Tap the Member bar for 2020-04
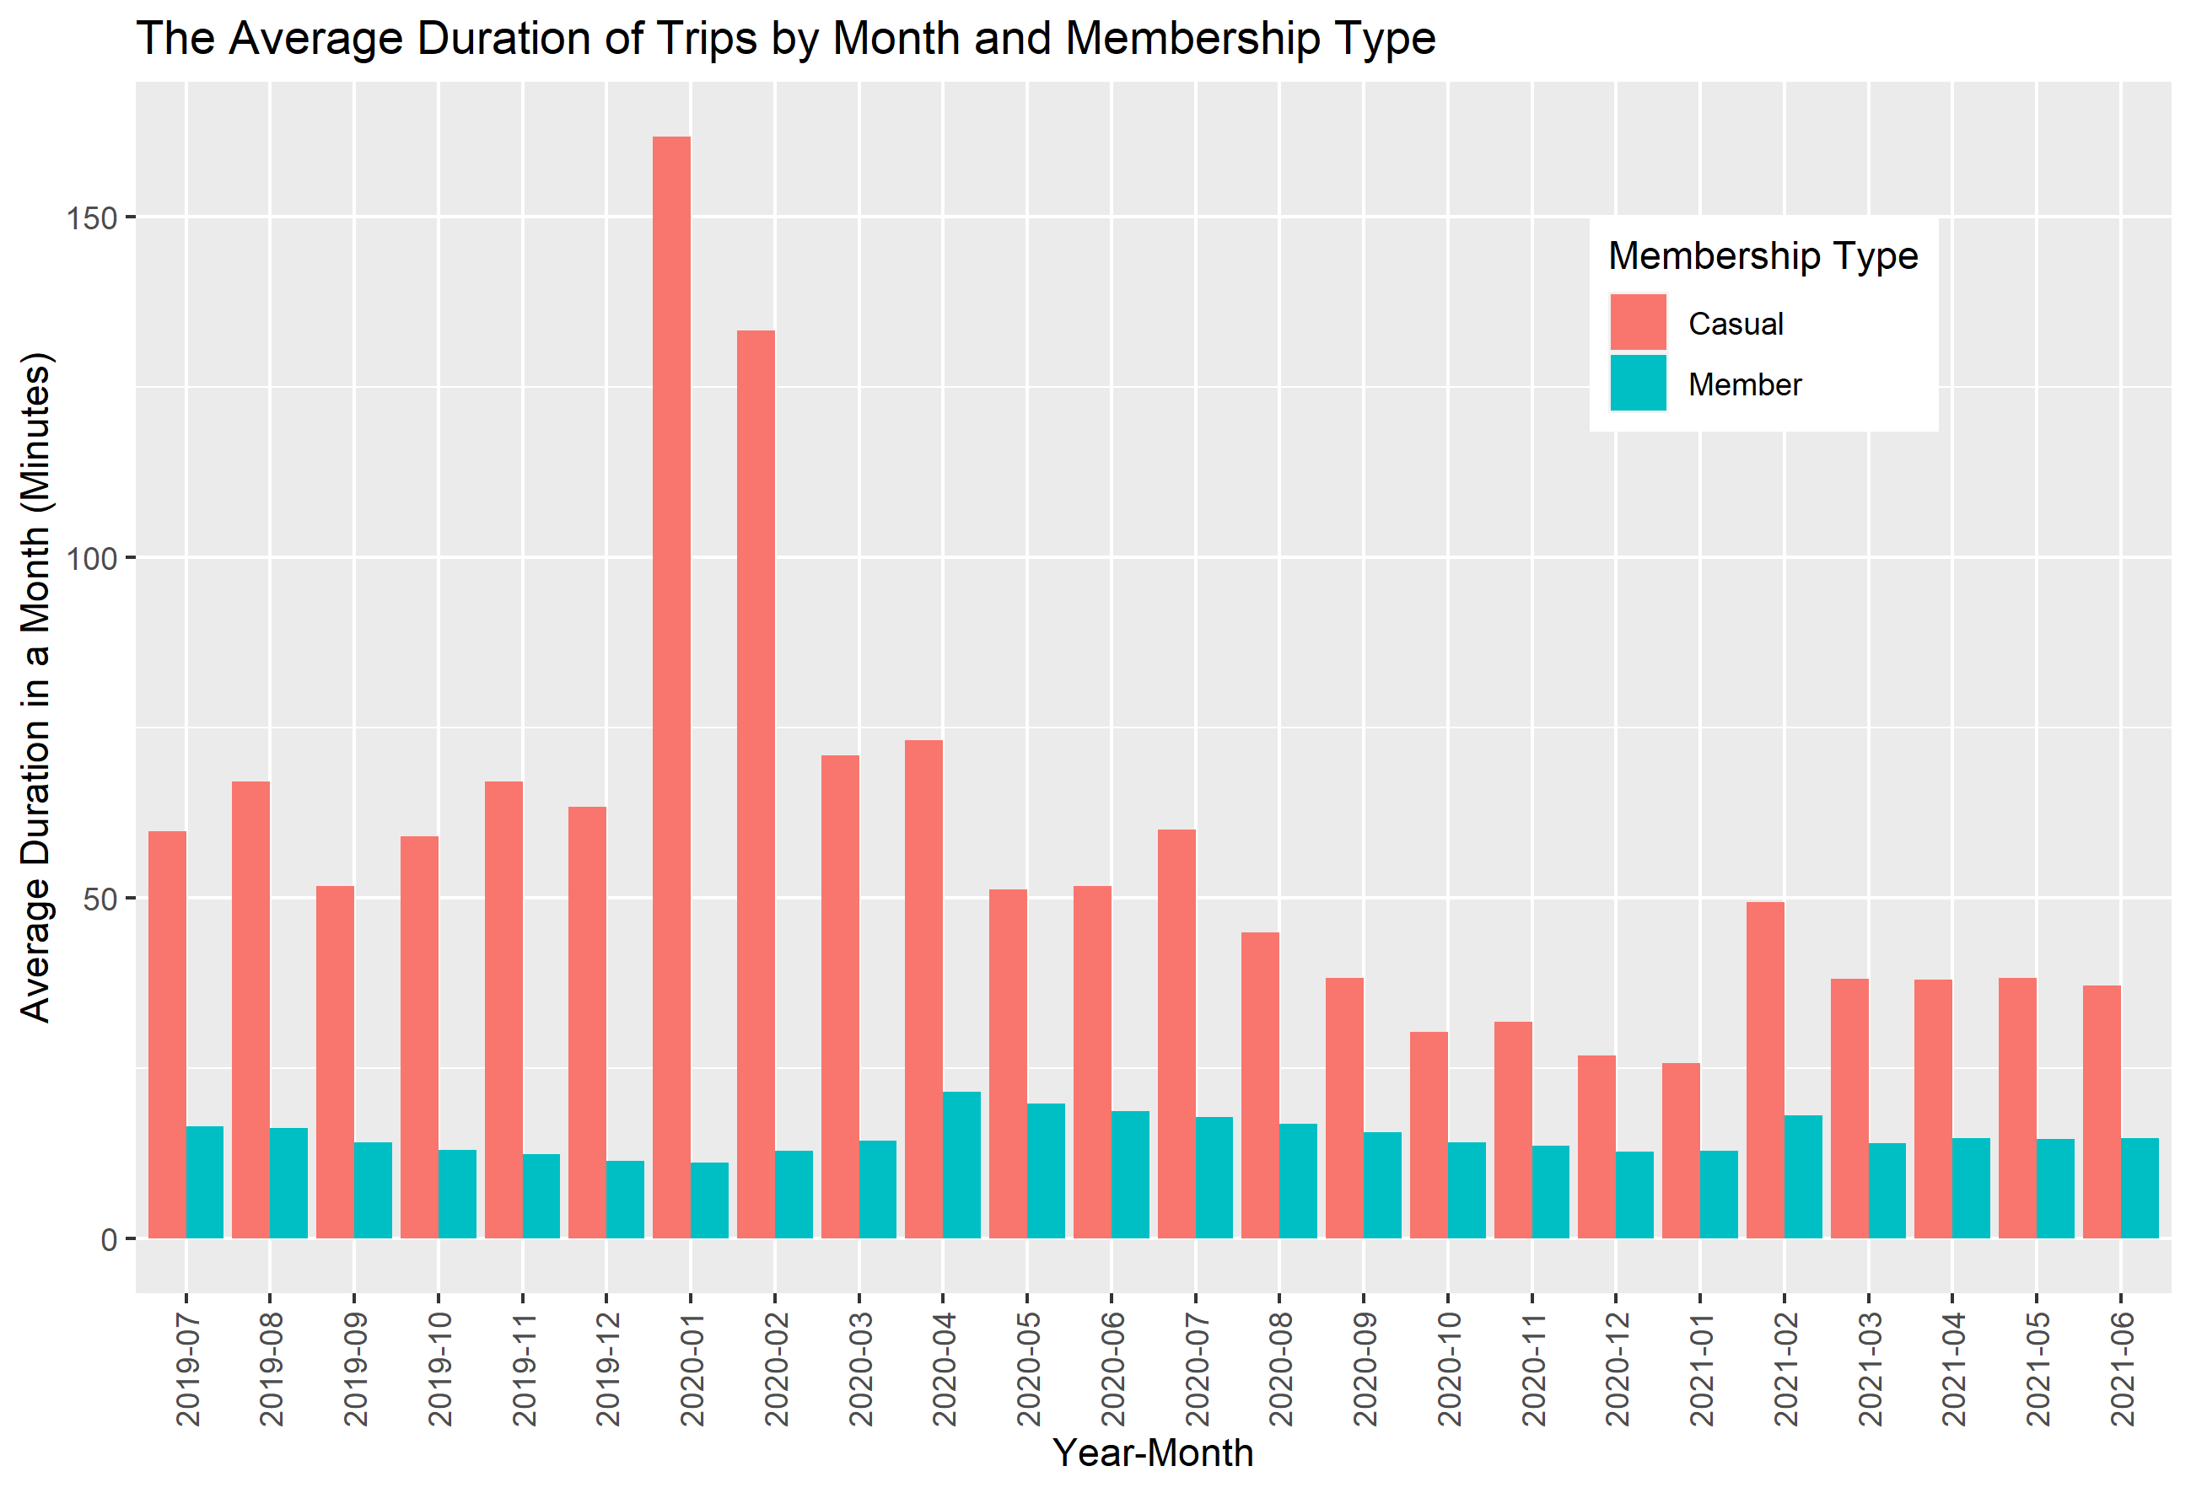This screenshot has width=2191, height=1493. (961, 1164)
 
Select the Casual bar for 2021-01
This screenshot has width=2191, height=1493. (1681, 1150)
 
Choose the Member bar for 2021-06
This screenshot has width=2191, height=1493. (2140, 1188)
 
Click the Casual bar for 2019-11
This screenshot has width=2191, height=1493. (503, 1008)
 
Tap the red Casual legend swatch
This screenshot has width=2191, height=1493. (1638, 322)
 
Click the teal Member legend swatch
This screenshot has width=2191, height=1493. (1638, 383)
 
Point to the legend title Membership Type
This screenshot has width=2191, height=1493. (1762, 255)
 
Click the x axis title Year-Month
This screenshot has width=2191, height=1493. (1152, 1453)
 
